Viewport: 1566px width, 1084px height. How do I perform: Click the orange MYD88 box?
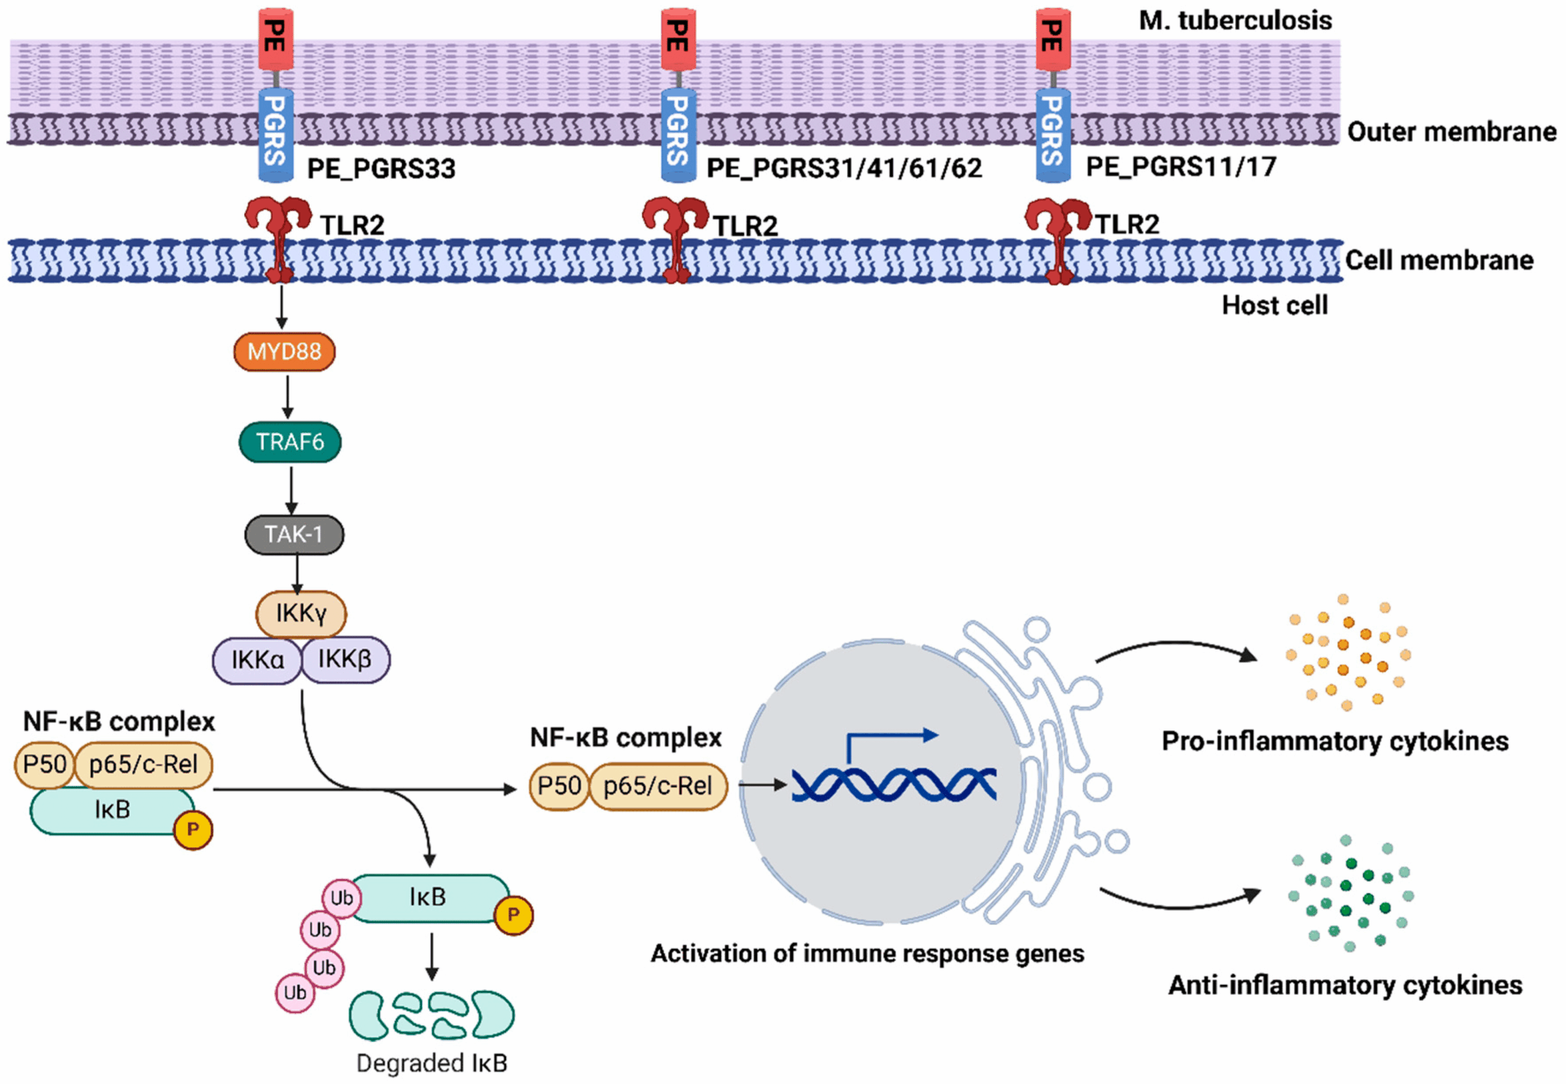(x=284, y=351)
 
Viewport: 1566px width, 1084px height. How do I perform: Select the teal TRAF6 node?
(x=290, y=442)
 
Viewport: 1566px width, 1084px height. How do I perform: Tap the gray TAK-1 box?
(x=294, y=535)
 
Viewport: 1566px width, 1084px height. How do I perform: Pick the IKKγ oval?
(x=301, y=614)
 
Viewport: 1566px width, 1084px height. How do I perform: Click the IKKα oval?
(x=258, y=659)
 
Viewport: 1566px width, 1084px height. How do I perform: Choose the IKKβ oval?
(x=345, y=659)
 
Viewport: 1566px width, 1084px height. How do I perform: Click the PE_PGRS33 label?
(x=381, y=168)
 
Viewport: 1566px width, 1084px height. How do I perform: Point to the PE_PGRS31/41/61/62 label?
(x=844, y=168)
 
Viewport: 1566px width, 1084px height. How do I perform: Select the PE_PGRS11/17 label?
(x=1181, y=166)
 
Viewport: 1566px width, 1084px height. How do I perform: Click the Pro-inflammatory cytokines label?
(x=1335, y=741)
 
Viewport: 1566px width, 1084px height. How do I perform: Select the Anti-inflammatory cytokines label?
(x=1345, y=985)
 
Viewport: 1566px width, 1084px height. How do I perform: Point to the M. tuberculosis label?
(x=1235, y=20)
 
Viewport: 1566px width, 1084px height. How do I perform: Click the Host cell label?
(x=1275, y=306)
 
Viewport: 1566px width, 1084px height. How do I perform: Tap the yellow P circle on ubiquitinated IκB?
(x=513, y=915)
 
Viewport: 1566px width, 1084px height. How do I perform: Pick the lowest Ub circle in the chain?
(x=295, y=993)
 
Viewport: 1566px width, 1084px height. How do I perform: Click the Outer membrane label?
(x=1451, y=132)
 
